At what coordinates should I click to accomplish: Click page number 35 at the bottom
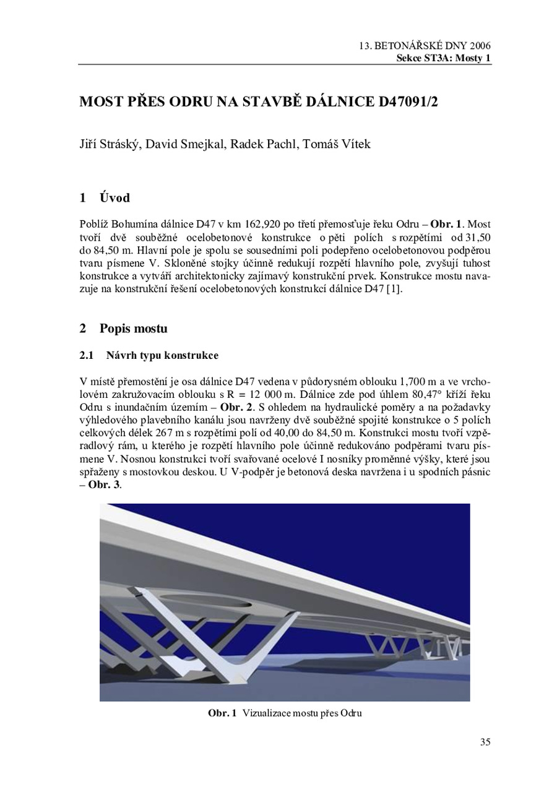(x=485, y=742)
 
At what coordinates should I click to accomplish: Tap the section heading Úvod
(x=114, y=198)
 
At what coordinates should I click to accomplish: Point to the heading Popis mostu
(x=133, y=328)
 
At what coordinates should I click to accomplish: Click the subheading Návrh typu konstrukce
(x=163, y=356)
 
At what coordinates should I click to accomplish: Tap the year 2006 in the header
(x=480, y=46)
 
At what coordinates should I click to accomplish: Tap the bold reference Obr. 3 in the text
(x=106, y=486)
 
